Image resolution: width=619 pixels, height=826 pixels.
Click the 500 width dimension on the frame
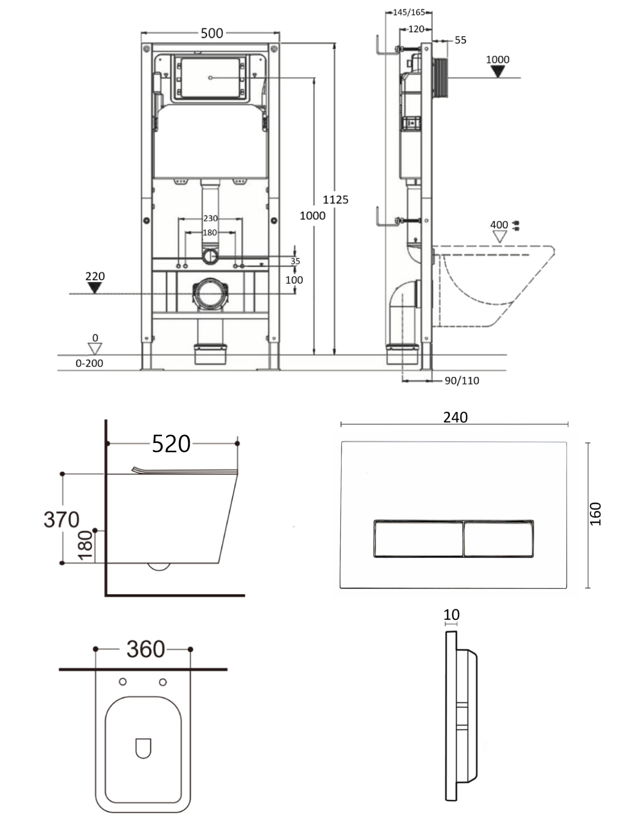pos(211,33)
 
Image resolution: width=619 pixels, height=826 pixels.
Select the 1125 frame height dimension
pos(336,199)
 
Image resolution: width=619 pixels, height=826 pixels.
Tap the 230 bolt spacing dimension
pos(210,218)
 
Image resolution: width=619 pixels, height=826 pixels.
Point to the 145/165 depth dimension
pos(409,12)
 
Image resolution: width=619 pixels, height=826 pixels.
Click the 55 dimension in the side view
pos(461,40)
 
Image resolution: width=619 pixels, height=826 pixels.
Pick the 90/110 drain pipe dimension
pos(462,380)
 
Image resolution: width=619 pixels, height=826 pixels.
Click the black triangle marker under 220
pos(94,288)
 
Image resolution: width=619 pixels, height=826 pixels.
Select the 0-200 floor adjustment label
pos(89,363)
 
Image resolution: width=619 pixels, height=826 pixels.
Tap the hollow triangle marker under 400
pos(500,236)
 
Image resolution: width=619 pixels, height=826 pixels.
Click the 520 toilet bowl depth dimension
pos(171,443)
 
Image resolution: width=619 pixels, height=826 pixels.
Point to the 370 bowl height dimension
pos(61,520)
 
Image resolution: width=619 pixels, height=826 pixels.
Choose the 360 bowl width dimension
pos(145,649)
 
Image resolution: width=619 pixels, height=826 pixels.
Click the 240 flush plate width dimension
pos(455,417)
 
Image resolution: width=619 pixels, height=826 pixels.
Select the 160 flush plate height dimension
pos(596,514)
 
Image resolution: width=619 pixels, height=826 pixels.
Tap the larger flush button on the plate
pos(418,538)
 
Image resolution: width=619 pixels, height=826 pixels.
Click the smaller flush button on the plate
pos(498,538)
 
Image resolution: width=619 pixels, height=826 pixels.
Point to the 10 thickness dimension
pos(451,615)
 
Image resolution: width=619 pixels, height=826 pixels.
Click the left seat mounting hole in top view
pos(123,682)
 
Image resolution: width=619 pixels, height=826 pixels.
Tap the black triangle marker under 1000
pos(498,71)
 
